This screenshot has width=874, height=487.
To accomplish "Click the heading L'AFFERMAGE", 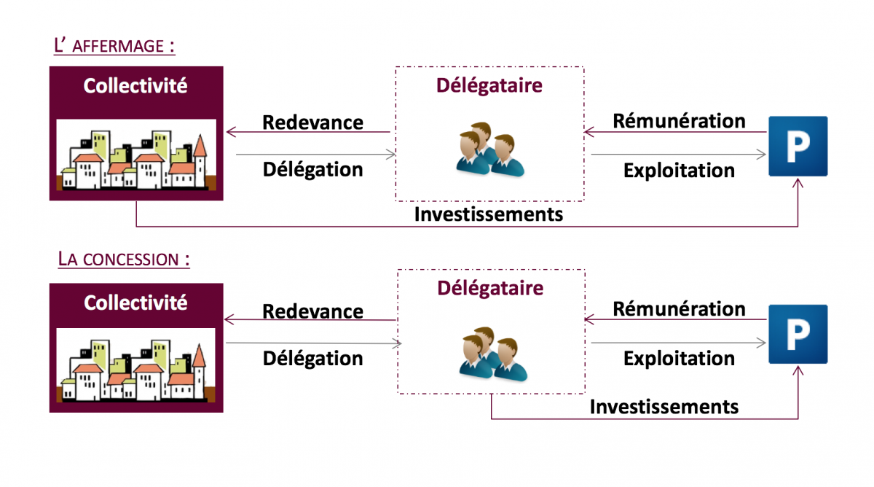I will click(x=114, y=46).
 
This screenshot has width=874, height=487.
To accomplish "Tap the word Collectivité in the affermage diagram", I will click(x=135, y=86).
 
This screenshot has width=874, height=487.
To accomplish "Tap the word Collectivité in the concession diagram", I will click(x=135, y=302).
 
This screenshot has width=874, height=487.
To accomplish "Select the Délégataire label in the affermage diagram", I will click(x=489, y=85).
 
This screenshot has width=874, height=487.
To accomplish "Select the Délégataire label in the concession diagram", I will click(x=490, y=287).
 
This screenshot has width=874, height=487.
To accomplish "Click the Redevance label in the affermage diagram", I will click(x=312, y=122).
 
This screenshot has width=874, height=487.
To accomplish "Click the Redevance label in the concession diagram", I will click(x=312, y=311).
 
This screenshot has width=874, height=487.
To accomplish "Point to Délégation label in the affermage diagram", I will click(x=312, y=169).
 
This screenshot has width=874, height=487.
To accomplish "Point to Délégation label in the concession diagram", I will click(x=312, y=358).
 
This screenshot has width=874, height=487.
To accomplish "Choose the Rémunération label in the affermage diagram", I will click(x=679, y=120).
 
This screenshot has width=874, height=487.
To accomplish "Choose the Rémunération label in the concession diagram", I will click(x=679, y=309).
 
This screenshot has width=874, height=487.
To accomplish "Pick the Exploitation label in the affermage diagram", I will click(x=679, y=170).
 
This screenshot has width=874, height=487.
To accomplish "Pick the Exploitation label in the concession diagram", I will click(x=679, y=358).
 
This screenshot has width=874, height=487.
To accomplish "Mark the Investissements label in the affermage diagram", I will click(x=489, y=214).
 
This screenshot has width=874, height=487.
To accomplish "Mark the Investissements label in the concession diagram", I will click(x=664, y=406).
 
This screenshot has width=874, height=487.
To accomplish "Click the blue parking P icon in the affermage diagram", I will click(x=798, y=147).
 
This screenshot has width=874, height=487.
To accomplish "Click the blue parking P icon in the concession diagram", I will click(x=798, y=334).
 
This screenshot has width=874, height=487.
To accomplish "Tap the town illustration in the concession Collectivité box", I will click(x=136, y=365).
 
